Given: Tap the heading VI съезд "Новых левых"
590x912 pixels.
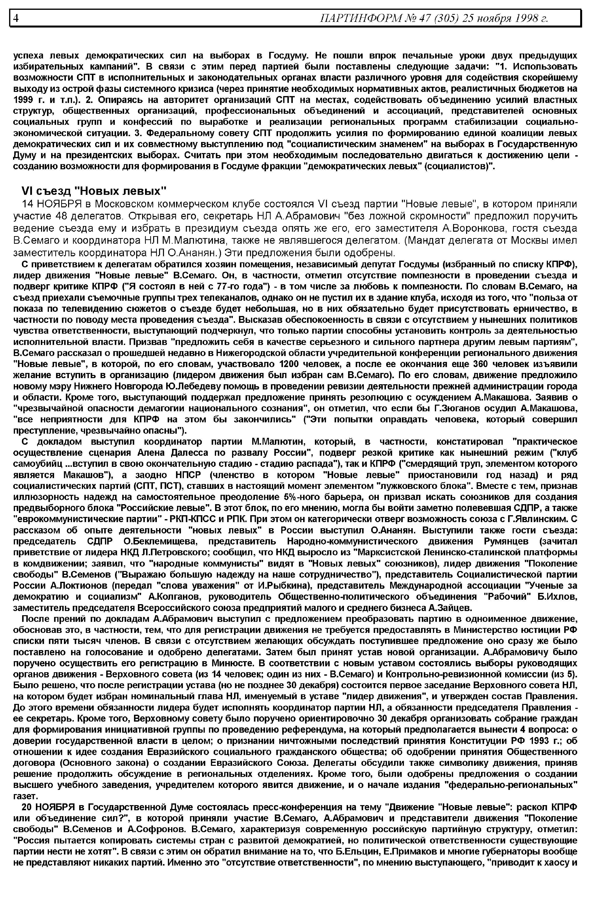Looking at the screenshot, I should (94, 191).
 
